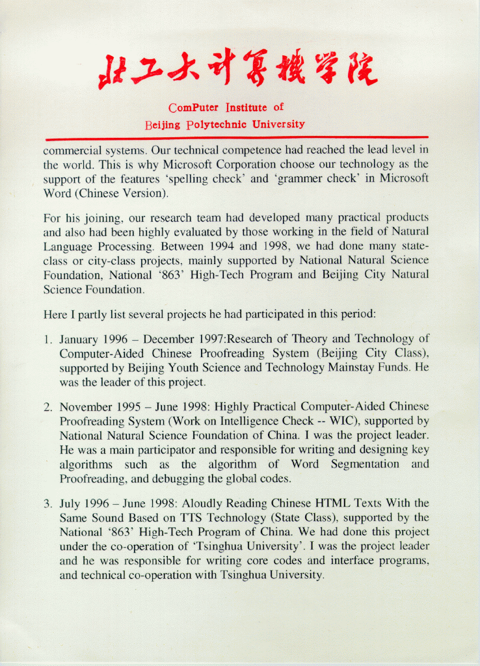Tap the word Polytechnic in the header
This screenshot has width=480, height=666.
click(x=217, y=124)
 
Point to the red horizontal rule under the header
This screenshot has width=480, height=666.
click(x=237, y=139)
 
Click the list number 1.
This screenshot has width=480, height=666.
click(x=47, y=340)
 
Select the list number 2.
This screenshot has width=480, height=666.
click(x=47, y=408)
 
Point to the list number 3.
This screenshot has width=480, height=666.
click(x=47, y=504)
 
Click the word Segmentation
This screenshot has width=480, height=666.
click(x=365, y=464)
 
